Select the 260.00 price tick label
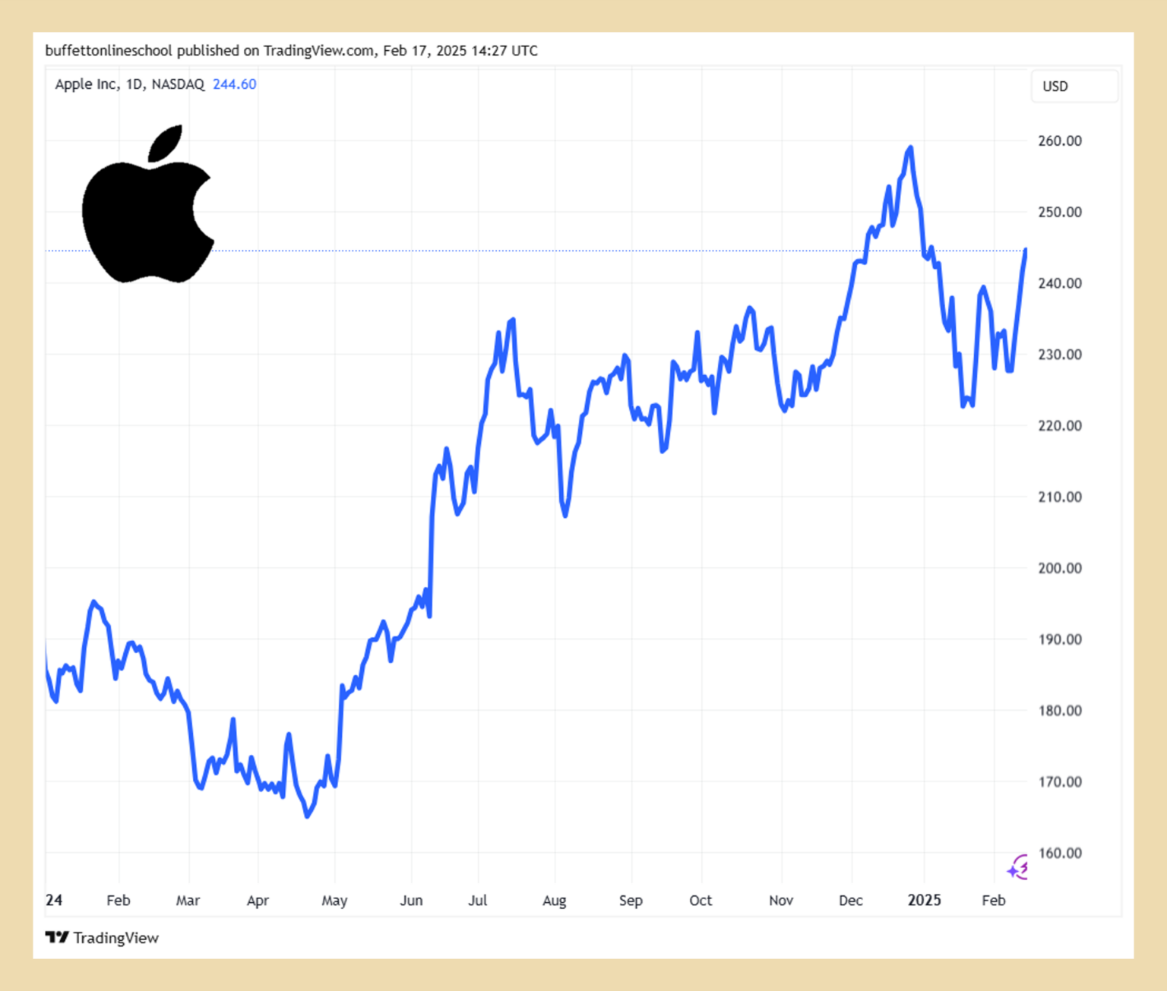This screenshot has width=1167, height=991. [1060, 140]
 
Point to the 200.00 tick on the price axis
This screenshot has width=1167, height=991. [1060, 568]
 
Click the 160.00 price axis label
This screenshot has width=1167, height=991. [1060, 853]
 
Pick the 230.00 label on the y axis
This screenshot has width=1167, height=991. [1060, 355]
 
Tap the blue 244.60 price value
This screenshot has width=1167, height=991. [234, 84]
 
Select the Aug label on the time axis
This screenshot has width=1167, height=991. [555, 901]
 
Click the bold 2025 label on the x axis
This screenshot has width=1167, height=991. [924, 901]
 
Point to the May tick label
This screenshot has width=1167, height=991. [334, 901]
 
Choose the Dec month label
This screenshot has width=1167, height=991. [851, 901]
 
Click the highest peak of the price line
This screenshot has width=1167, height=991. [910, 147]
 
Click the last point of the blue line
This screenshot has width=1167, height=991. [1026, 250]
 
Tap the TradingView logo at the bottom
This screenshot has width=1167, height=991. [102, 938]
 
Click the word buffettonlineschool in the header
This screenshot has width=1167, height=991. [109, 51]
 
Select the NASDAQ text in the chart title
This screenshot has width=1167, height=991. [178, 84]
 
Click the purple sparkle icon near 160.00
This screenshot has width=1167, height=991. [1018, 866]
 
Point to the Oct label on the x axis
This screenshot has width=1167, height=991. [701, 901]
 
